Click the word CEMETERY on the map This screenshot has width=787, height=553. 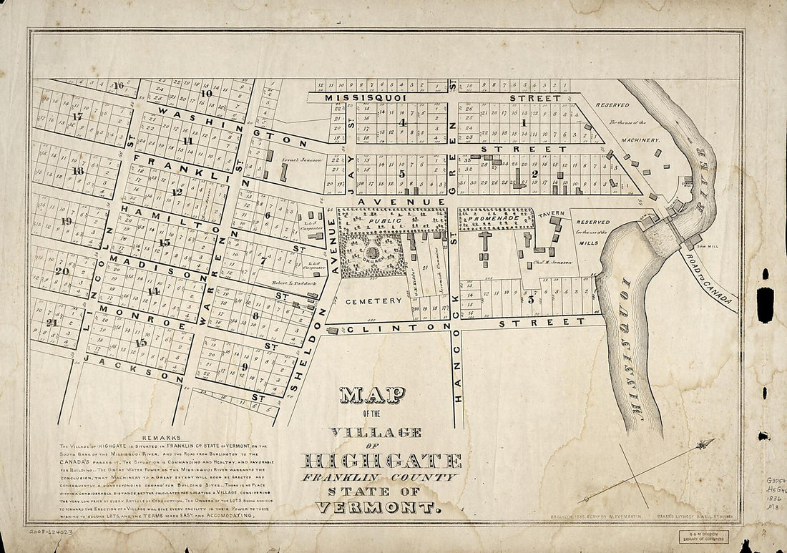tap(373, 301)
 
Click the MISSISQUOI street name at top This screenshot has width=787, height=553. tap(366, 97)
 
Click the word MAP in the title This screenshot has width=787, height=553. tap(372, 395)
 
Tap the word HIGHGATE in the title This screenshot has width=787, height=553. tap(383, 460)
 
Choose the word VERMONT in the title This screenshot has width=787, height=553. tap(376, 508)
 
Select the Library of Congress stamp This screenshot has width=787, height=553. tap(702, 536)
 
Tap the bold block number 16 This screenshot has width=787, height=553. tap(118, 85)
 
